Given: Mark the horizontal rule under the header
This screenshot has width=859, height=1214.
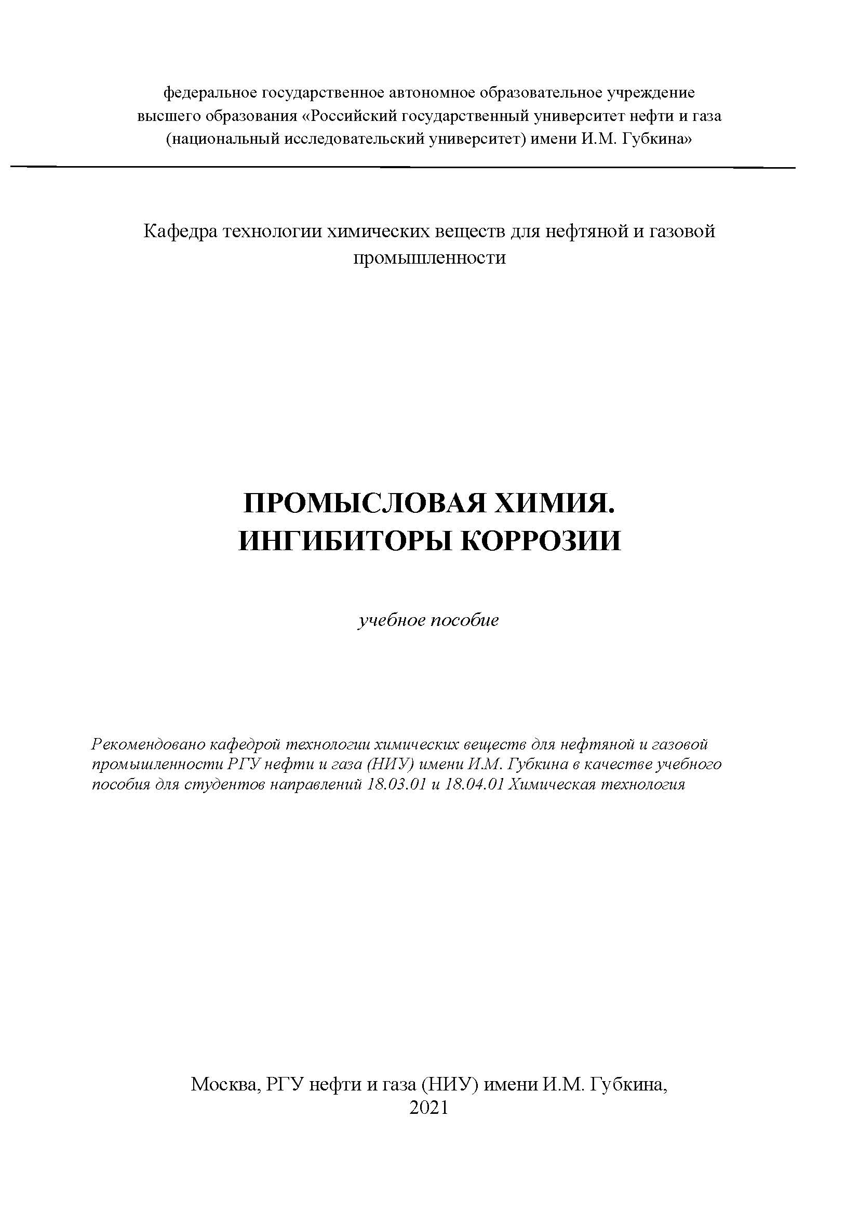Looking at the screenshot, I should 402,167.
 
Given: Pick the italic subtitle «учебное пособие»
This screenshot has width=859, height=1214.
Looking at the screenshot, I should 428,620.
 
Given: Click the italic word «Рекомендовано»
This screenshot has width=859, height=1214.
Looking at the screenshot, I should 148,744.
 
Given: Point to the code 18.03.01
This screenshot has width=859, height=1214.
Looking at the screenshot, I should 396,784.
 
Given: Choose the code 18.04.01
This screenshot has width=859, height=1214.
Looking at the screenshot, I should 474,784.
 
